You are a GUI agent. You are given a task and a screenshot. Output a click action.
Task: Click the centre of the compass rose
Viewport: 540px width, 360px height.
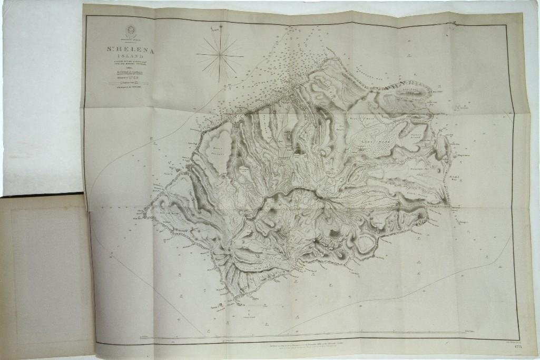point(220,54)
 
